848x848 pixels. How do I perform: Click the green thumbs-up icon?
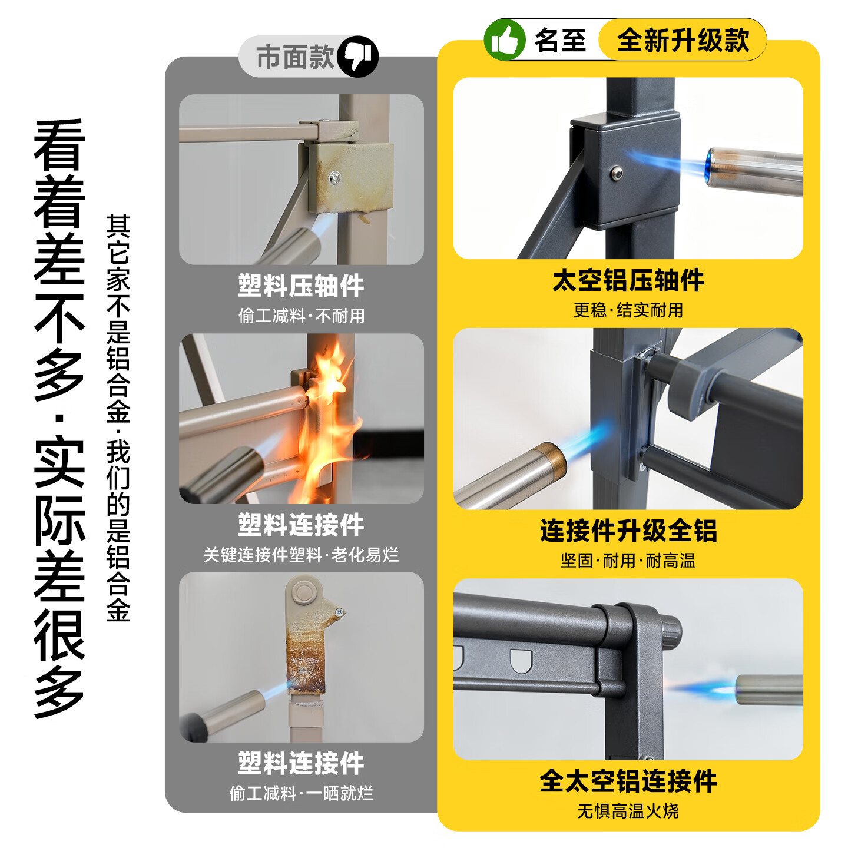tap(504, 39)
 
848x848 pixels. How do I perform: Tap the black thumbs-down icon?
tap(358, 57)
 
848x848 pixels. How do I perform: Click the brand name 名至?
tap(560, 41)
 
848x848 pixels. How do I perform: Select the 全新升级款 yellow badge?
tap(683, 40)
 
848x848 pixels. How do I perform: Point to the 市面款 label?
tap(295, 57)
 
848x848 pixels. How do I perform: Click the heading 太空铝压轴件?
tap(628, 280)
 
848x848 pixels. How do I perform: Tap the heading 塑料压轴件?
tap(301, 286)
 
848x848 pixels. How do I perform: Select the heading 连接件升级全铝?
tap(628, 530)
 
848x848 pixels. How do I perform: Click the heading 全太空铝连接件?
tap(628, 781)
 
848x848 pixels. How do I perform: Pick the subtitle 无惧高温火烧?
tap(628, 810)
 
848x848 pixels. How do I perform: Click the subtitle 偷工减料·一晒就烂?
tap(301, 793)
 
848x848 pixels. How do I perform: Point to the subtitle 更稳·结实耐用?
tap(628, 310)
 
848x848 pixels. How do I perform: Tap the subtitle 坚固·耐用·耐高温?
tap(628, 560)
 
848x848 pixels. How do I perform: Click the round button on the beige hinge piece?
tap(304, 593)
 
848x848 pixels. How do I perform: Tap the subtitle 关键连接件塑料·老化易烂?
tap(301, 555)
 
